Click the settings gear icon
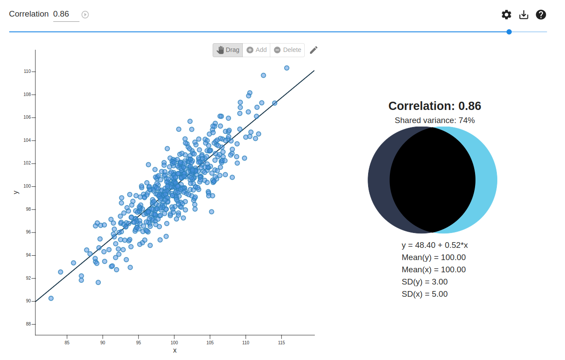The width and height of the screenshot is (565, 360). point(506,15)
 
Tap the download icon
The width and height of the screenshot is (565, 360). point(524,15)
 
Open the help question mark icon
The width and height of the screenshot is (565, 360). point(541,15)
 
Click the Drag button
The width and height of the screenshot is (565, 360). point(228,50)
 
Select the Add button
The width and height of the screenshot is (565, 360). point(256,50)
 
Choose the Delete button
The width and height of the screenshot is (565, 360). point(287,50)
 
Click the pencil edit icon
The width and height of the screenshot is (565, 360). point(314,50)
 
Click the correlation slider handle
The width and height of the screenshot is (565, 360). point(509,32)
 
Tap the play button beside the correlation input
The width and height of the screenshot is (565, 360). point(85,15)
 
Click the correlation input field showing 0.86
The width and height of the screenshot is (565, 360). point(66,14)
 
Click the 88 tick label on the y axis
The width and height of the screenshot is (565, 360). point(28,324)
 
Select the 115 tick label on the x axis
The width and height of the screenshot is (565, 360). point(281,343)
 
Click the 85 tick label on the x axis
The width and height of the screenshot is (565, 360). point(67,343)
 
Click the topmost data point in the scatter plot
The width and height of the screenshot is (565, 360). point(286,68)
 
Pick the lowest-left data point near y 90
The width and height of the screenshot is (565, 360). point(51,298)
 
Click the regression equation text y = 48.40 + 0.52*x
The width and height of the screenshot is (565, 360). point(434,245)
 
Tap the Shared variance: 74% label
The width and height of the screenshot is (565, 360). point(434,120)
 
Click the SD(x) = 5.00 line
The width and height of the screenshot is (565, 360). point(424,294)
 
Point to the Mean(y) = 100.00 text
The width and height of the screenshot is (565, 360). point(434,257)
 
